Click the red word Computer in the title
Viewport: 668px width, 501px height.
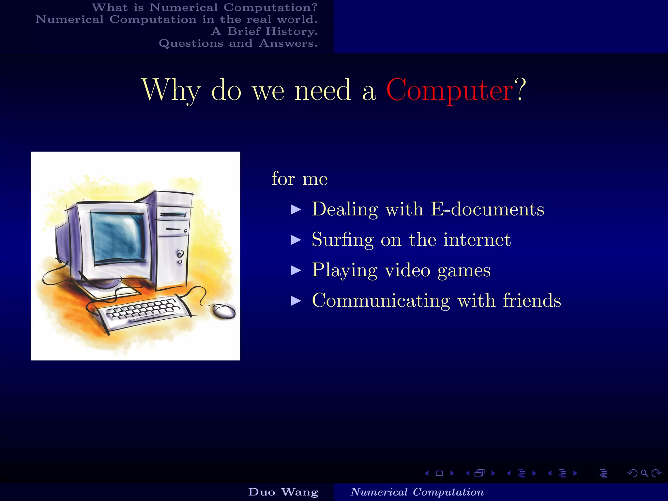tap(449, 90)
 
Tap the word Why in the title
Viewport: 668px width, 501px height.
tap(171, 90)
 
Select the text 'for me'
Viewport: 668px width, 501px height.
tap(299, 179)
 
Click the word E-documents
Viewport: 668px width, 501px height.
tap(487, 209)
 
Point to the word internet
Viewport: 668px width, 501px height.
tap(477, 240)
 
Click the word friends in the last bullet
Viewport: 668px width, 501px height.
tap(532, 300)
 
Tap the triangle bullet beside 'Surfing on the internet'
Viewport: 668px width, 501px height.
tap(296, 240)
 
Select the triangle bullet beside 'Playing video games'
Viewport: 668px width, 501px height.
tap(296, 270)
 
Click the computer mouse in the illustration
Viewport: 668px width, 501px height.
tap(224, 311)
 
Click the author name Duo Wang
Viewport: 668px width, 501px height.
tap(283, 492)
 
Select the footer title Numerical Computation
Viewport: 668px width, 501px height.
tap(417, 492)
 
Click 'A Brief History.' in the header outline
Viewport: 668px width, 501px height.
tap(264, 31)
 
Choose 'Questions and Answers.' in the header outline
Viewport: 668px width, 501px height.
tap(238, 43)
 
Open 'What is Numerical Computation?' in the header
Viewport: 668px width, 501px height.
tap(205, 8)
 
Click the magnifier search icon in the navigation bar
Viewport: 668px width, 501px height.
tap(644, 473)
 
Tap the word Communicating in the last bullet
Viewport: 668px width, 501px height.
tap(381, 300)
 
